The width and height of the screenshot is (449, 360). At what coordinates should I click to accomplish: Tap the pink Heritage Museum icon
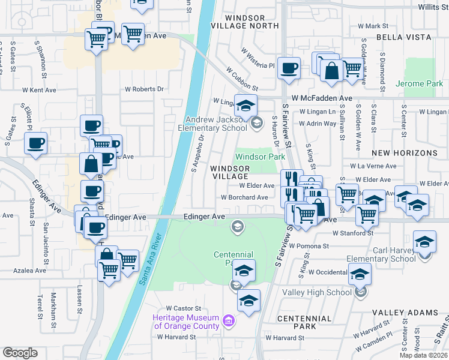click(228, 322)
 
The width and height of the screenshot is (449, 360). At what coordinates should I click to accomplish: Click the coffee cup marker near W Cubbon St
click(289, 68)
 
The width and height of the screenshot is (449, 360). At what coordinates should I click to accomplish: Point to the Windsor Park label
click(260, 157)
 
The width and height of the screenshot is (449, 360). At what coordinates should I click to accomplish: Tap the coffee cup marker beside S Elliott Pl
click(35, 143)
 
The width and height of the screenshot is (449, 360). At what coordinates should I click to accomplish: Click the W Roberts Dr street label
click(144, 89)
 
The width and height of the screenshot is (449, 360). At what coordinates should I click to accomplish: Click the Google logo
click(20, 353)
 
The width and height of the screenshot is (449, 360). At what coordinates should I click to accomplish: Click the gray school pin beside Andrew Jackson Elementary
click(257, 123)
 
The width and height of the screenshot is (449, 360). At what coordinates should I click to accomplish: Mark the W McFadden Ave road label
click(322, 98)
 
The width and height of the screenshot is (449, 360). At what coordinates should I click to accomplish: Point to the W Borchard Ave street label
click(244, 197)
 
